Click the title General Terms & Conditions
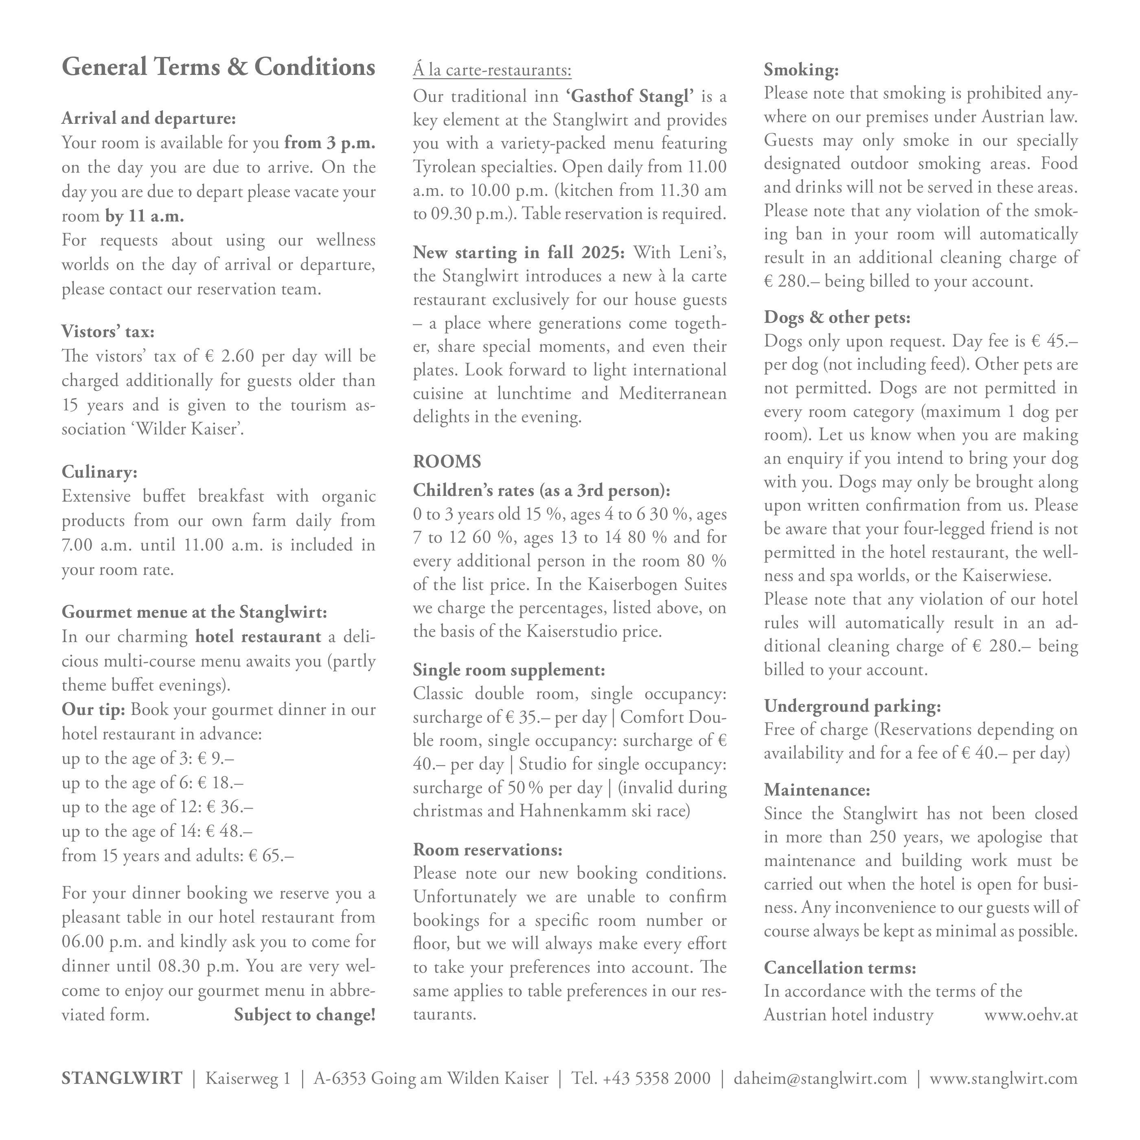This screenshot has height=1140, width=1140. point(218,67)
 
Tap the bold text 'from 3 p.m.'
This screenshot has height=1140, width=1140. point(330,143)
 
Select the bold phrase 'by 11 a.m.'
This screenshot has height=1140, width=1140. point(145,216)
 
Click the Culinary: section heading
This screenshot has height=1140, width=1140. point(99,472)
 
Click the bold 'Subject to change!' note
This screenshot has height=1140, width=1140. point(305,1015)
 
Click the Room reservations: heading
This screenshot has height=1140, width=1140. point(487,850)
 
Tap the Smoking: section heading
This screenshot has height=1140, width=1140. point(801,70)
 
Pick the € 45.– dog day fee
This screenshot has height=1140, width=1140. point(1054,341)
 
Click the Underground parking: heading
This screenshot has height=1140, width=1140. point(852,706)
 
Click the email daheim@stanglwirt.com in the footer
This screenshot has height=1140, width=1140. point(820,1079)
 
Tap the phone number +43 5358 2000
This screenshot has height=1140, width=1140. point(657,1079)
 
